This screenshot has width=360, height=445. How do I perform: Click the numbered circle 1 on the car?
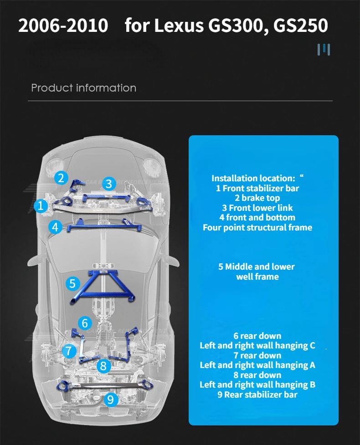pyautogui.click(x=41, y=206)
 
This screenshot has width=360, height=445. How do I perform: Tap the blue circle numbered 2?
pyautogui.click(x=61, y=178)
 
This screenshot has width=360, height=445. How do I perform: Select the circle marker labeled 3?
pyautogui.click(x=108, y=184)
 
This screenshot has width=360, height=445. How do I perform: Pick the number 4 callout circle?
pyautogui.click(x=56, y=226)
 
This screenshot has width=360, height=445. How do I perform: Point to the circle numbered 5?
pyautogui.click(x=72, y=284)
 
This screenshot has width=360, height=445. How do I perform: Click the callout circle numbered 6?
pyautogui.click(x=85, y=323)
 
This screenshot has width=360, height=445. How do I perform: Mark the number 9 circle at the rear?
pyautogui.click(x=111, y=400)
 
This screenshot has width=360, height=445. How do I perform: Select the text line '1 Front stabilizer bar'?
pyautogui.click(x=257, y=188)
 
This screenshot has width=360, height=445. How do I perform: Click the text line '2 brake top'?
pyautogui.click(x=257, y=198)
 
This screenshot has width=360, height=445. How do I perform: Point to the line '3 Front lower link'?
pyautogui.click(x=257, y=208)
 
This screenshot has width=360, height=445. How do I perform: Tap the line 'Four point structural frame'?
pyautogui.click(x=257, y=227)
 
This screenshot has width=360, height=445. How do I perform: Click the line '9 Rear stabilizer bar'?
pyautogui.click(x=257, y=394)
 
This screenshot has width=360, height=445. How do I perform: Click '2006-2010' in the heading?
pyautogui.click(x=63, y=26)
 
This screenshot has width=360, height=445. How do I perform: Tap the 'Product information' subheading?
pyautogui.click(x=83, y=88)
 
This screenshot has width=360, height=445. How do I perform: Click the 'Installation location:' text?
pyautogui.click(x=253, y=178)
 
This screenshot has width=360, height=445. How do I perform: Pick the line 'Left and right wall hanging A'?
pyautogui.click(x=257, y=365)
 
